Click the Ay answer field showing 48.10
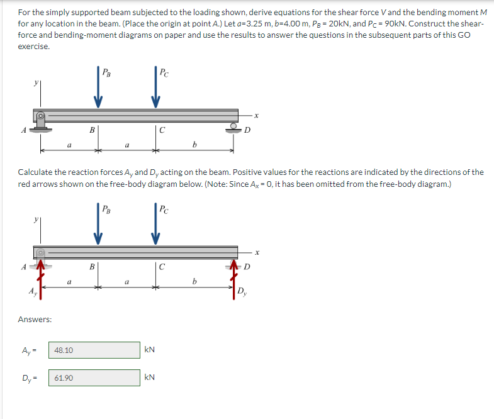tap(94, 350)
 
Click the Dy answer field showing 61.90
tap(94, 377)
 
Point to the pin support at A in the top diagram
tap(41, 120)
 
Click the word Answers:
tap(35, 320)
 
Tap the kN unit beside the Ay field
tap(150, 350)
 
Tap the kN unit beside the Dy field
tap(150, 377)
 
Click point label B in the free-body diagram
tap(92, 267)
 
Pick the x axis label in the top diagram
tap(257, 115)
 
